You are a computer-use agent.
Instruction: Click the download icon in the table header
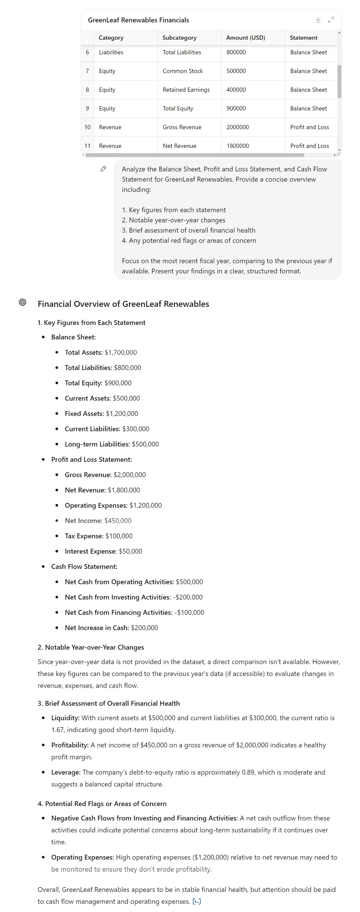(318, 20)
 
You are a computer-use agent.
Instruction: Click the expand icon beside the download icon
(331, 20)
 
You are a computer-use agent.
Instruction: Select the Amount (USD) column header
(245, 37)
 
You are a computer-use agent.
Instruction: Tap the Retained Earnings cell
(186, 90)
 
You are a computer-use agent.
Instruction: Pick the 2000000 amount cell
(238, 127)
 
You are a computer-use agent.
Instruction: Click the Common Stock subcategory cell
(183, 71)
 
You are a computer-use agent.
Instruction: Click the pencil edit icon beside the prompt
(103, 169)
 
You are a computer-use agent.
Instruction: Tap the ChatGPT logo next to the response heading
(23, 302)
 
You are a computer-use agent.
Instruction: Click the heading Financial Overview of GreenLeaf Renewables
(123, 304)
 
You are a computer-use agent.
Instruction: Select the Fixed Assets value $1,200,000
(122, 414)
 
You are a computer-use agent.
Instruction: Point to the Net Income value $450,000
(118, 520)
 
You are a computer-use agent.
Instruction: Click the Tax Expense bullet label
(84, 536)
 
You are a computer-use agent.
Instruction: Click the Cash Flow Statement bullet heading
(84, 566)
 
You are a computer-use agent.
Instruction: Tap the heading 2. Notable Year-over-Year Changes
(91, 647)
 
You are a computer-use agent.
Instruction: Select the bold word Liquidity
(65, 718)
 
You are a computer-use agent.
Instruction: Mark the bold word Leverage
(66, 772)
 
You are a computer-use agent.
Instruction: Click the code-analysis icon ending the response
(197, 902)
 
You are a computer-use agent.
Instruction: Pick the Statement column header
(303, 37)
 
